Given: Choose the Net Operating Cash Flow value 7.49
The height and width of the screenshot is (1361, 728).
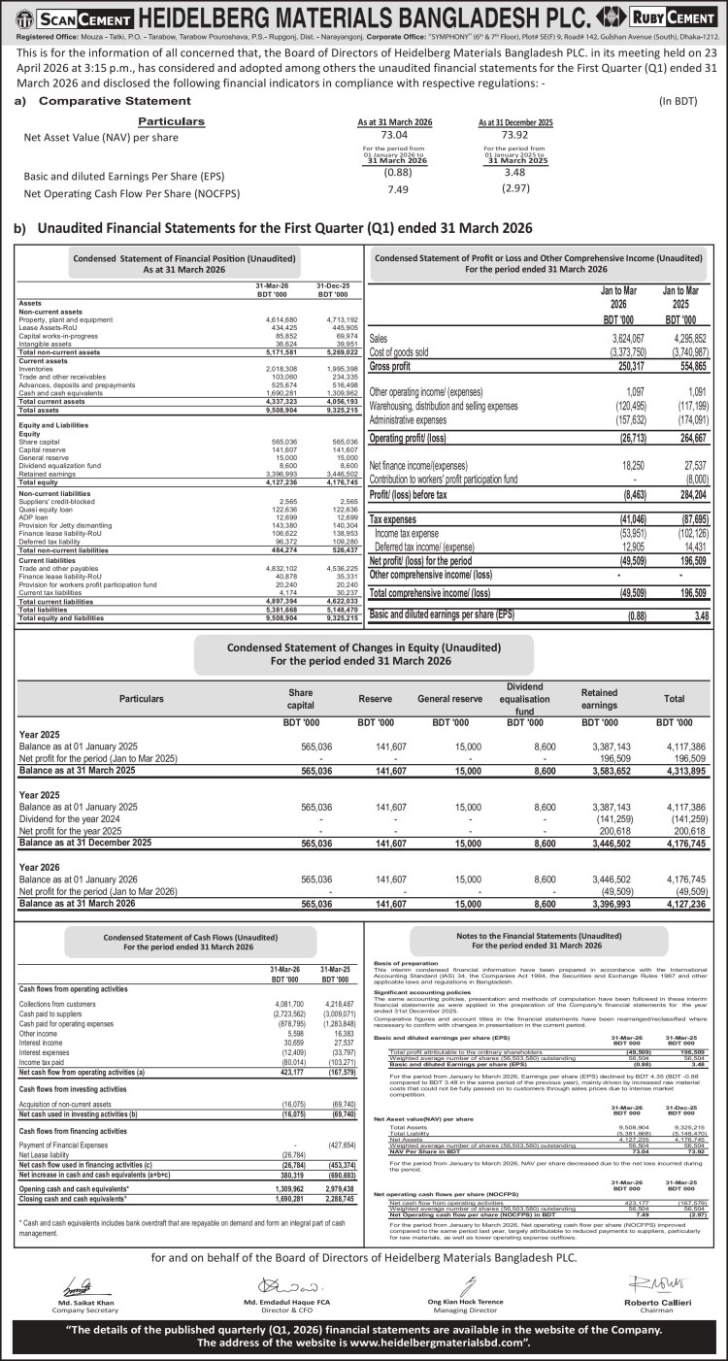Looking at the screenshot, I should coord(386,190).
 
